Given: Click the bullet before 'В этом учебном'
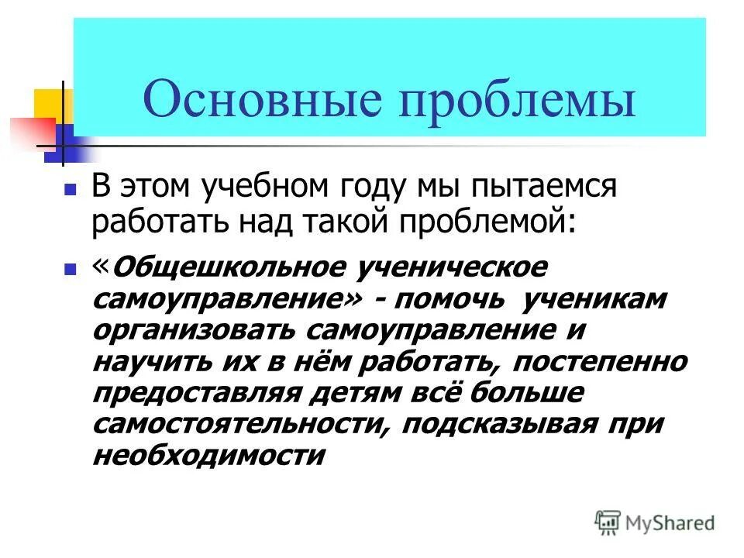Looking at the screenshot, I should [70, 189].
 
